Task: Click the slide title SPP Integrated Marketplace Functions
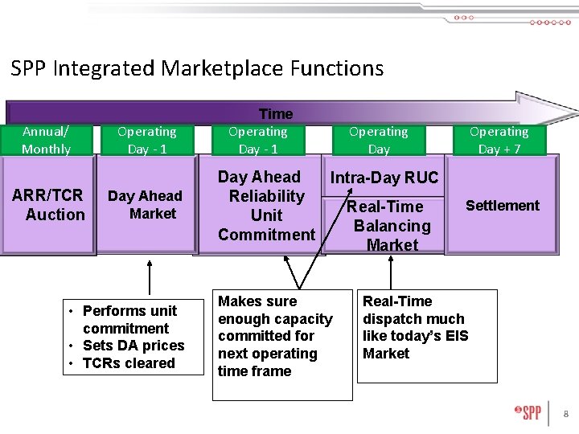197,68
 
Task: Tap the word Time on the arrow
276,114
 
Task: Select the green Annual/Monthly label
46,140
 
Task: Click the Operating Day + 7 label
499,140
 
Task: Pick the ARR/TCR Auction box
48,205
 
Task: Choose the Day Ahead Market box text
146,205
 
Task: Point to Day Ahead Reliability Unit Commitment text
266,206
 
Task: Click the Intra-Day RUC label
384,178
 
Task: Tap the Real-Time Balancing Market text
391,226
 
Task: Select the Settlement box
502,206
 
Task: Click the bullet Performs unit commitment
129,319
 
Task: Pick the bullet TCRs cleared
128,363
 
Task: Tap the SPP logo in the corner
528,413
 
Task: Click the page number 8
565,414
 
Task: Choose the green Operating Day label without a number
379,140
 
